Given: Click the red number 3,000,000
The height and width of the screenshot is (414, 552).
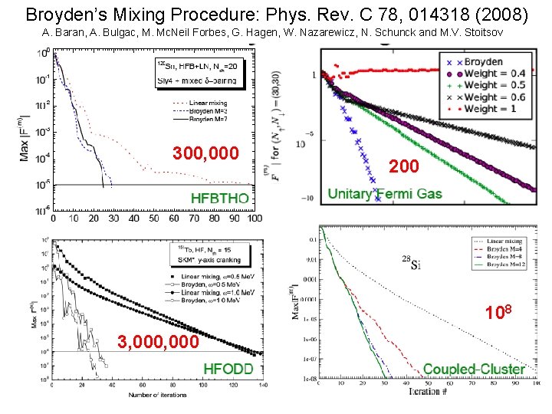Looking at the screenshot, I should [x=159, y=342].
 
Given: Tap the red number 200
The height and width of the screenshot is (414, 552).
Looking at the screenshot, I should [x=404, y=166].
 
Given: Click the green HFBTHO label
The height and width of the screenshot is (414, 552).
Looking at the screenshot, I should [x=220, y=199].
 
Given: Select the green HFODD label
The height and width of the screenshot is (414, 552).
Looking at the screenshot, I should [x=228, y=369].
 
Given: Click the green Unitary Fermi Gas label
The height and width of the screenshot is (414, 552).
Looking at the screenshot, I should [x=385, y=194].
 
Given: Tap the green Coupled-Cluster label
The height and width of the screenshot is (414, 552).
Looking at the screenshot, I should [x=475, y=369].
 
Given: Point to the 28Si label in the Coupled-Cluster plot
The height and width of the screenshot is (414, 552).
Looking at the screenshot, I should [x=410, y=258].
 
